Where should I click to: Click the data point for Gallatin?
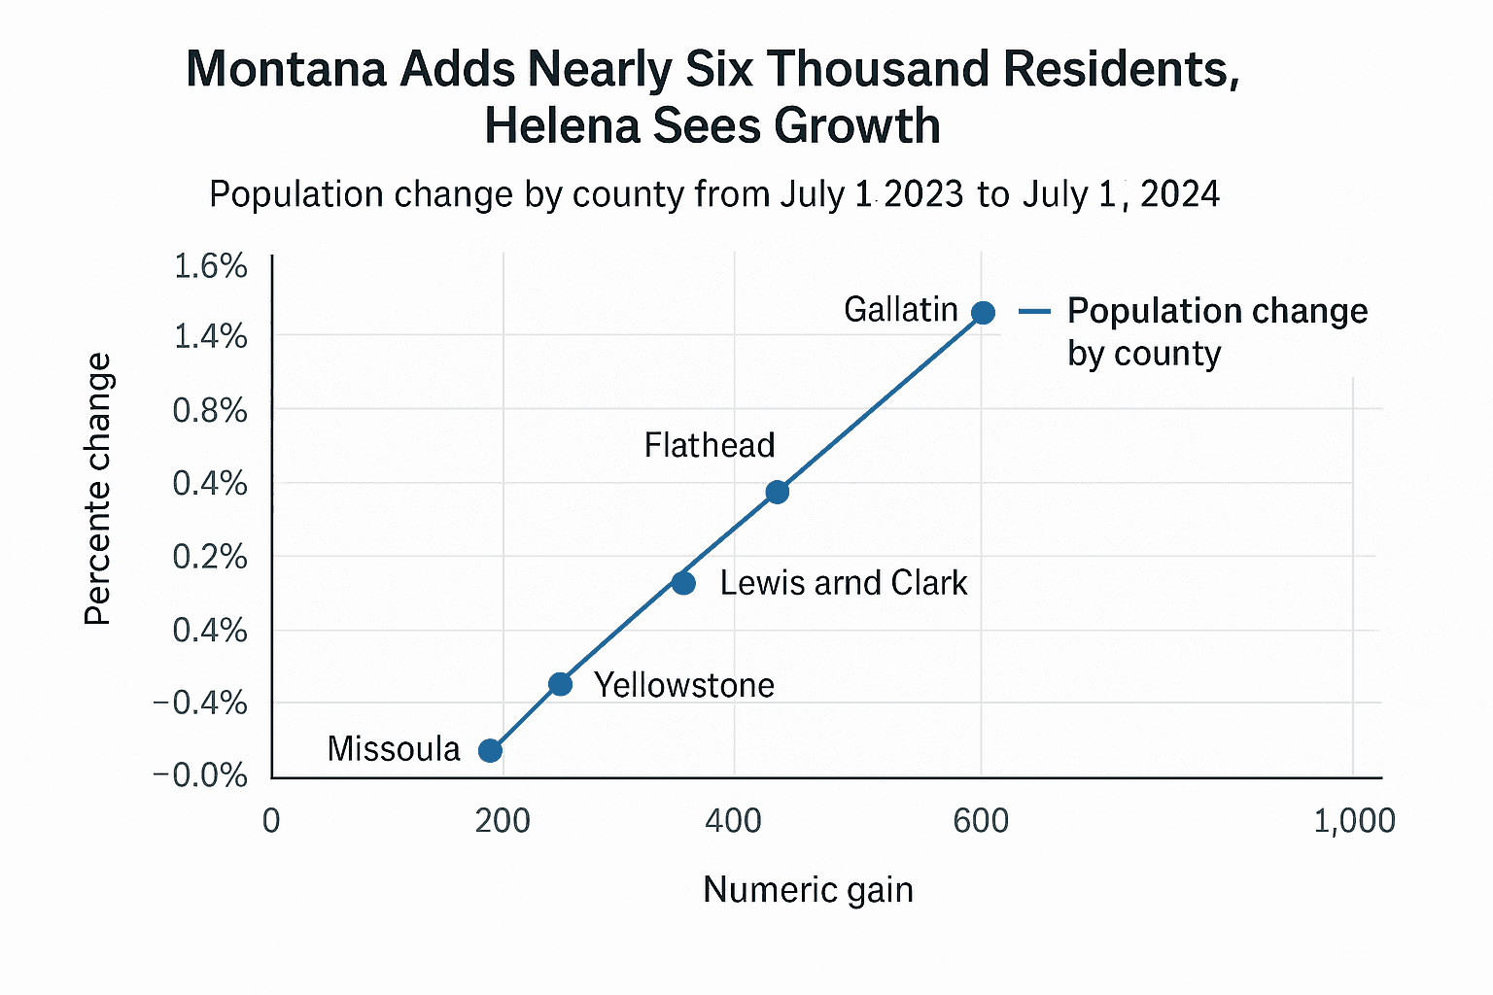[983, 313]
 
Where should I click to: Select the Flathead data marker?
[777, 492]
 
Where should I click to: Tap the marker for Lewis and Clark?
[683, 583]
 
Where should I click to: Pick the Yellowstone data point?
[560, 684]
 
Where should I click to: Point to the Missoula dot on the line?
[491, 750]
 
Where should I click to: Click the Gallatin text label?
[900, 310]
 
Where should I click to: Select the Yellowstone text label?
[683, 686]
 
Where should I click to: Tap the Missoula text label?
[394, 749]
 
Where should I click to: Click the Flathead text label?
[710, 446]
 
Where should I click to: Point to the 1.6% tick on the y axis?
[210, 266]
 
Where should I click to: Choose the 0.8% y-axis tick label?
[210, 411]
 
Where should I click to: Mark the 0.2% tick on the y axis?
[210, 557]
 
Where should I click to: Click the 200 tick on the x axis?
[503, 821]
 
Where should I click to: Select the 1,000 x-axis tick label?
[1354, 821]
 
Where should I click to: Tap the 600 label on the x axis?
[981, 821]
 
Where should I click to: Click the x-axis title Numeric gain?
[808, 890]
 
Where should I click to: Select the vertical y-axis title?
[98, 489]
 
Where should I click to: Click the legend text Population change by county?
[1216, 331]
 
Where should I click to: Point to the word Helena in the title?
[562, 126]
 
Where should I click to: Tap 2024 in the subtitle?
[1179, 194]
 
